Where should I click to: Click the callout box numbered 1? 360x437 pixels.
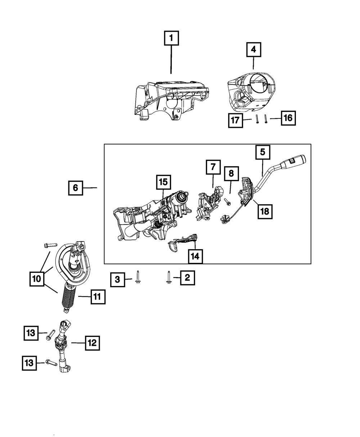click(x=171, y=38)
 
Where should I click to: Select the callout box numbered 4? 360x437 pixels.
click(x=254, y=49)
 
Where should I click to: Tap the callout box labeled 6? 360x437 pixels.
click(x=75, y=188)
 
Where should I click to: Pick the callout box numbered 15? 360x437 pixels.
click(x=163, y=183)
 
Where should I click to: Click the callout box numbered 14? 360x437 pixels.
click(x=195, y=257)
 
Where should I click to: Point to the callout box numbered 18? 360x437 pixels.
click(x=265, y=211)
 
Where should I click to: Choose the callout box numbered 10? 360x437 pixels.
click(x=37, y=279)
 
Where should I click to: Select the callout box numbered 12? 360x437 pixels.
click(x=92, y=343)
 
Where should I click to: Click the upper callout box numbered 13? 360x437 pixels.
click(x=31, y=333)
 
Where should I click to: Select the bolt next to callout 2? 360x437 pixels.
click(x=168, y=277)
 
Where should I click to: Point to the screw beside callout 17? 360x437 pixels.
click(x=258, y=118)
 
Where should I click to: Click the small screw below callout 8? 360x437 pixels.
click(x=228, y=203)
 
